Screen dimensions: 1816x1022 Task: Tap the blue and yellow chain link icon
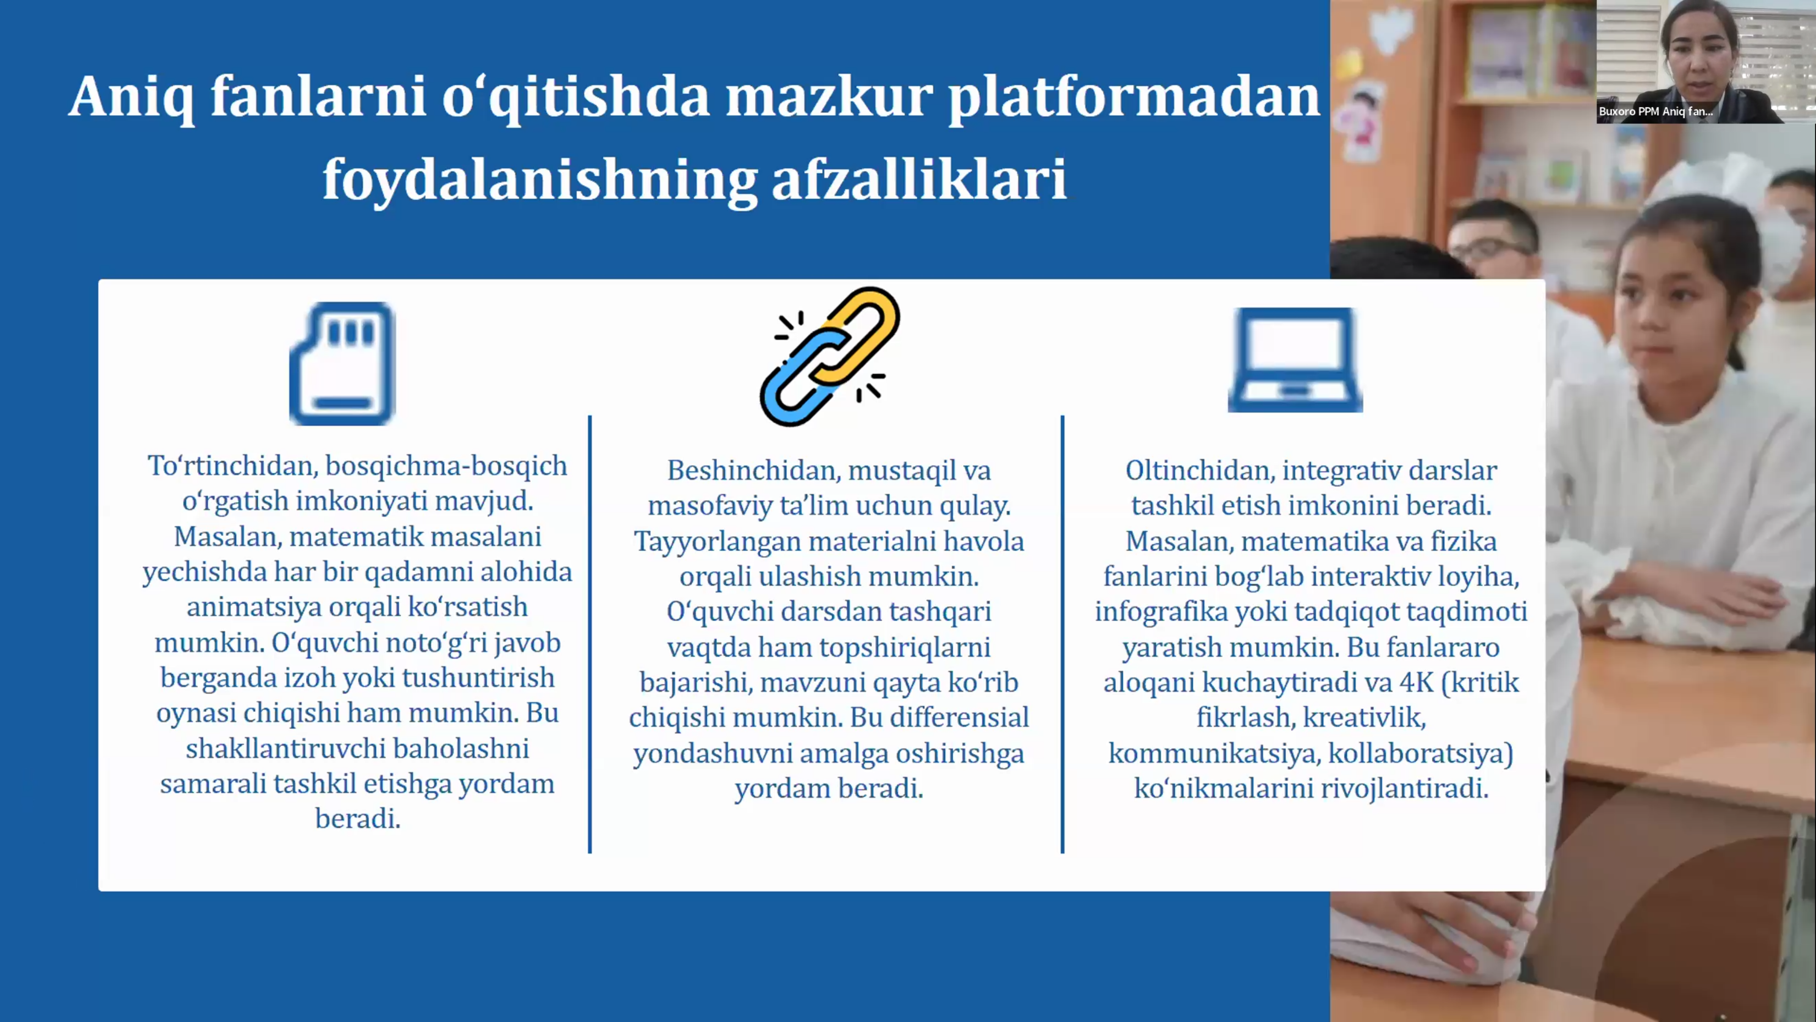coord(829,356)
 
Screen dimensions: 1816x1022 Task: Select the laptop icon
coord(1295,360)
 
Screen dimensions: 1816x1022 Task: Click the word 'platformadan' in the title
coord(1133,98)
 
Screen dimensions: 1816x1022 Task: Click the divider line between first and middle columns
coord(590,634)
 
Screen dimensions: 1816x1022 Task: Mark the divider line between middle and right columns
coord(1062,634)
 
